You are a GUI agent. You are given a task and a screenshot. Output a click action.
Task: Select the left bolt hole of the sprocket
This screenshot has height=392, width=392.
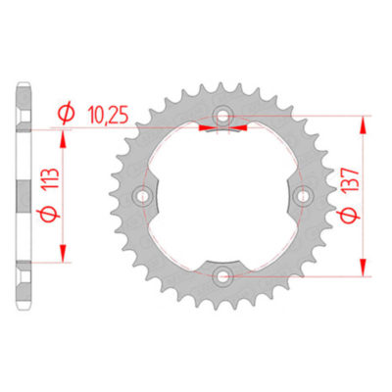(x=148, y=196)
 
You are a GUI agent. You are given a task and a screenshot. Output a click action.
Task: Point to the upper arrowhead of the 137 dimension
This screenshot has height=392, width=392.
(x=366, y=124)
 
